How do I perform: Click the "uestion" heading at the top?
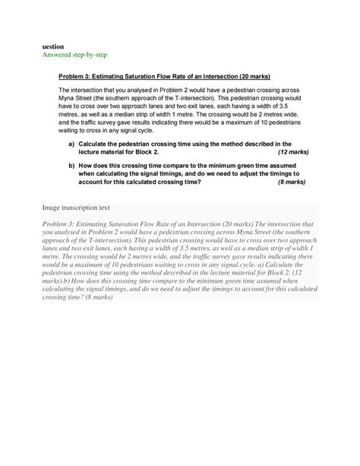pyautogui.click(x=53, y=46)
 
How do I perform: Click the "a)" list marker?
pyautogui.click(x=71, y=143)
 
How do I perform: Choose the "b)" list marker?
pyautogui.click(x=71, y=165)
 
